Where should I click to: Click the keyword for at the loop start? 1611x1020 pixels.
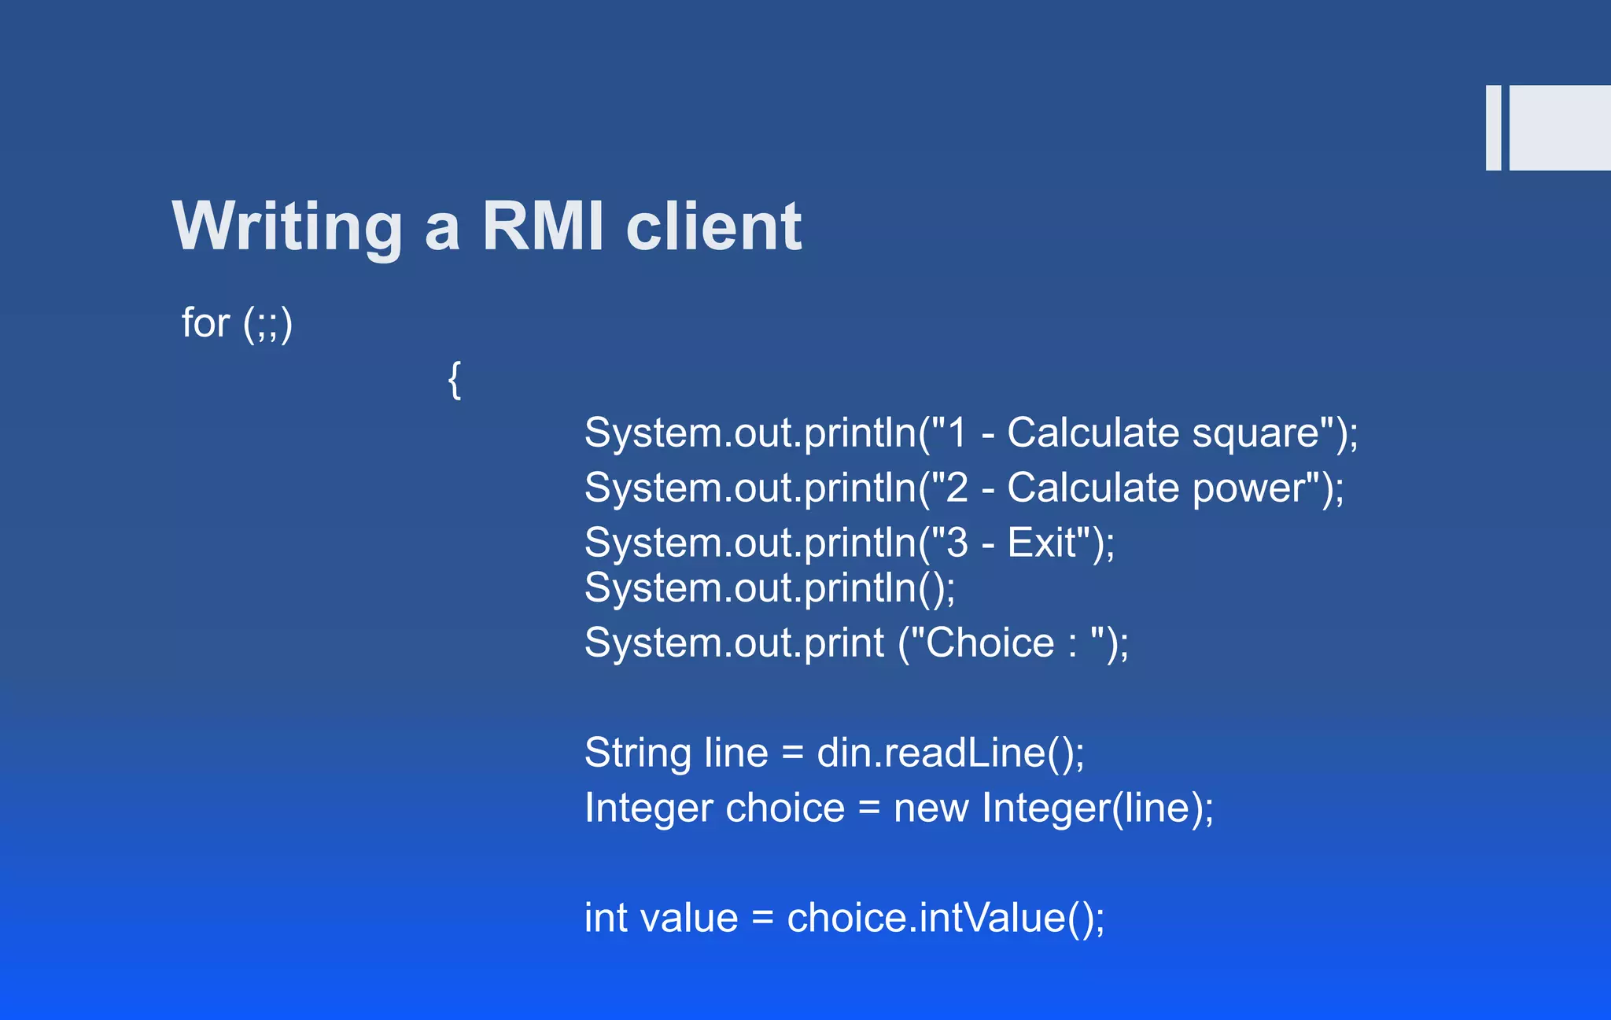[205, 322]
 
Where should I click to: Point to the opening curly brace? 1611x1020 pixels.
[455, 380]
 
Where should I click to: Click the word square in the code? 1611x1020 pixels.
[1255, 434]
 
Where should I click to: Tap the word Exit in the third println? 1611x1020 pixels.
[1041, 543]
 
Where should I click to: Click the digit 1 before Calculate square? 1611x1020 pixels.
[957, 433]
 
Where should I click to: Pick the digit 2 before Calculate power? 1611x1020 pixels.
[957, 488]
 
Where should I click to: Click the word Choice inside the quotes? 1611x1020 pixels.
[990, 643]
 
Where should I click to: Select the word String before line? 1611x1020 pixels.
[638, 753]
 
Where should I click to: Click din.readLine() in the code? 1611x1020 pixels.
[950, 753]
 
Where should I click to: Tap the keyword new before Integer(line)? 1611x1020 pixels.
[931, 808]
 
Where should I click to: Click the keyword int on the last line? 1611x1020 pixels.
[606, 918]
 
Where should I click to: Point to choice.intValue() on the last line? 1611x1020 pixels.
[945, 918]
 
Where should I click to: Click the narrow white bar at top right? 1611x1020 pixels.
[1493, 127]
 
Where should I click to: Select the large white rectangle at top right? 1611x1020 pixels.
[1560, 127]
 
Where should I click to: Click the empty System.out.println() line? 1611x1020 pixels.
[769, 588]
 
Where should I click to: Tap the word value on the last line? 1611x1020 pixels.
[689, 918]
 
